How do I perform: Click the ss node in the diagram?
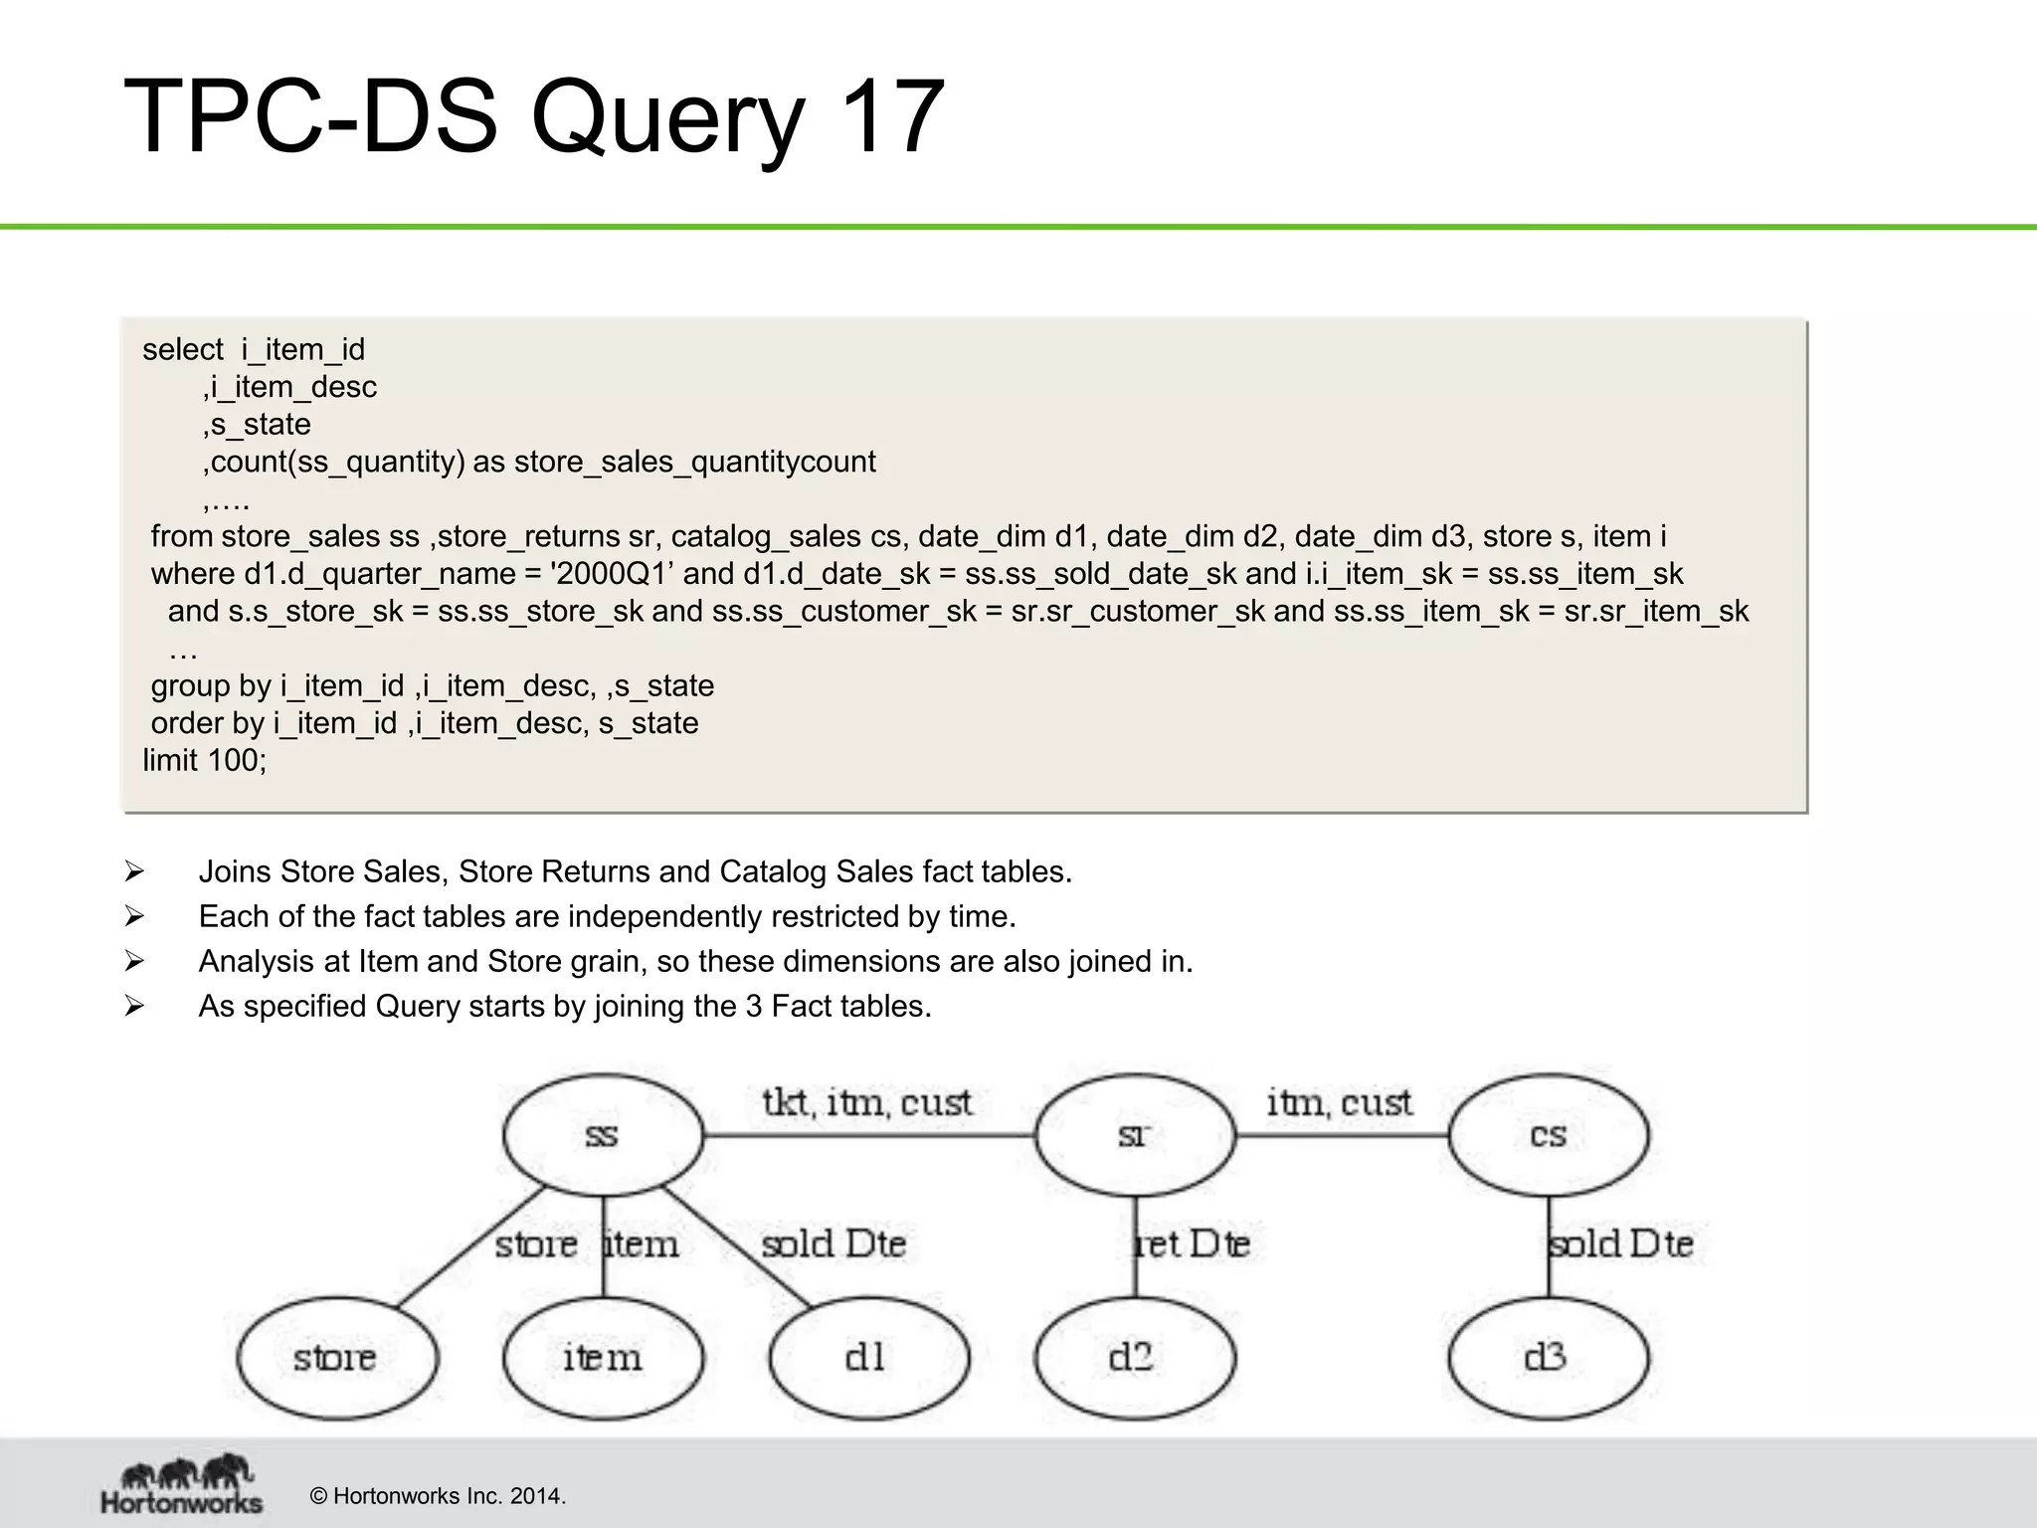603,1135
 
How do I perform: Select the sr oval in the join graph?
1135,1135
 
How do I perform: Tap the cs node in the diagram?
1548,1135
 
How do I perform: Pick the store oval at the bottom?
336,1358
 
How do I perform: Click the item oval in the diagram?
603,1358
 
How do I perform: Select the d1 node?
868,1358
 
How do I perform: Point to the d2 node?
1135,1358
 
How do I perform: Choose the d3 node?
1548,1358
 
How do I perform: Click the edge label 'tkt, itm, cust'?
866,1102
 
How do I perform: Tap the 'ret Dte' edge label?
1193,1243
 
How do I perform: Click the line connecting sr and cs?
1341,1135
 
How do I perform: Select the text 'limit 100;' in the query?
205,760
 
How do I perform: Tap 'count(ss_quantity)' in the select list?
338,462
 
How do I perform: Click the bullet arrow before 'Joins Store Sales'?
134,872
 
